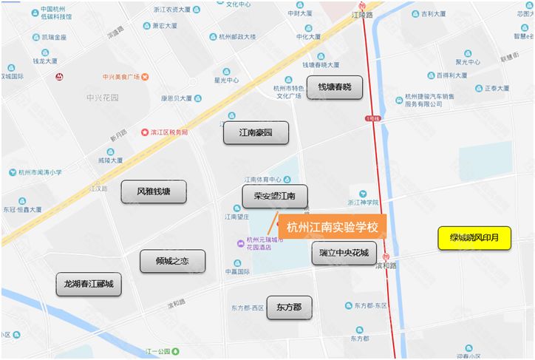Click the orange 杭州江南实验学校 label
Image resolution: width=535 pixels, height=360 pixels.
pyautogui.click(x=332, y=227)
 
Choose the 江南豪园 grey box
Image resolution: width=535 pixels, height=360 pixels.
pyautogui.click(x=256, y=133)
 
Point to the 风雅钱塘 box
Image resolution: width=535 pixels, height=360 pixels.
pyautogui.click(x=154, y=191)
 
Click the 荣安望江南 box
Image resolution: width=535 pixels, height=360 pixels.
pyautogui.click(x=274, y=197)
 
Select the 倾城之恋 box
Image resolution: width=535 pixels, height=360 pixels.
pyautogui.click(x=172, y=262)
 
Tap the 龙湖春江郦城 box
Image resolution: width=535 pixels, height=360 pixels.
pyautogui.click(x=88, y=284)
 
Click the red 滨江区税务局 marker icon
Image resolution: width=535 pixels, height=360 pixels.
pyautogui.click(x=145, y=132)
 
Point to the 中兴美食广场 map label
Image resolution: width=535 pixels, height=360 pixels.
pyautogui.click(x=122, y=76)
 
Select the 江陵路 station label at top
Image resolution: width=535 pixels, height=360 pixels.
pyautogui.click(x=362, y=15)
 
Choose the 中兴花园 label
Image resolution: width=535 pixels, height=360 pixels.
pyautogui.click(x=102, y=98)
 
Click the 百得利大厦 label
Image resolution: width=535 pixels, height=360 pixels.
pyautogui.click(x=451, y=75)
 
